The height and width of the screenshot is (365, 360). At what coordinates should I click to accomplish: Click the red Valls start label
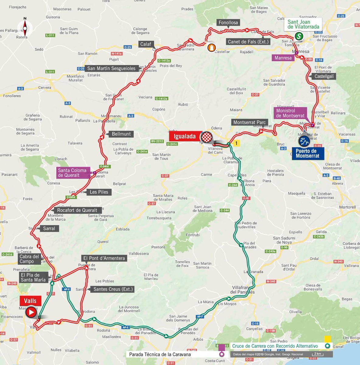click(x=30, y=301)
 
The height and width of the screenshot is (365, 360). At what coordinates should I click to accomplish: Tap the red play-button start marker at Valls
click(x=31, y=312)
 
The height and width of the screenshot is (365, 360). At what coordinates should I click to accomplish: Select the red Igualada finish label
click(x=184, y=136)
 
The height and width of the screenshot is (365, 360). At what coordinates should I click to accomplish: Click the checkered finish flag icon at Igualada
click(x=207, y=137)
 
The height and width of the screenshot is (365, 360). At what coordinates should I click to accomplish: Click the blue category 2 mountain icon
click(x=304, y=141)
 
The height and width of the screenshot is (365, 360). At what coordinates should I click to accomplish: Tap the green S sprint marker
click(x=299, y=36)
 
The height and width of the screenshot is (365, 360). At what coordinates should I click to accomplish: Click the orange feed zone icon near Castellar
click(x=211, y=47)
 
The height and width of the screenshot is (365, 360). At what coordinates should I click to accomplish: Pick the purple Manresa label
click(x=283, y=58)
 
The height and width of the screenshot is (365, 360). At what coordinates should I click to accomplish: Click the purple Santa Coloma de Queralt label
click(x=72, y=173)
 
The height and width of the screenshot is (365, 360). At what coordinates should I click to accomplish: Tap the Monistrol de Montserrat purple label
click(x=290, y=113)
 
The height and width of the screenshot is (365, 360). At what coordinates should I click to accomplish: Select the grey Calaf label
click(x=146, y=44)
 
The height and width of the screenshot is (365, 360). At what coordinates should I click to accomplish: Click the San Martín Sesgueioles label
click(x=111, y=68)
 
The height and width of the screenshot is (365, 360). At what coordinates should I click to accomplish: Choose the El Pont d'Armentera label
click(x=104, y=258)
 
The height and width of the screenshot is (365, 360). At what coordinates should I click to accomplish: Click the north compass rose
click(x=25, y=28)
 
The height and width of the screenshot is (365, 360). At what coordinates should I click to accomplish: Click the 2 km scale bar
click(x=317, y=354)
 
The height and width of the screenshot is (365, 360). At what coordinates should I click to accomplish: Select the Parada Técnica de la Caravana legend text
click(x=160, y=354)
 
